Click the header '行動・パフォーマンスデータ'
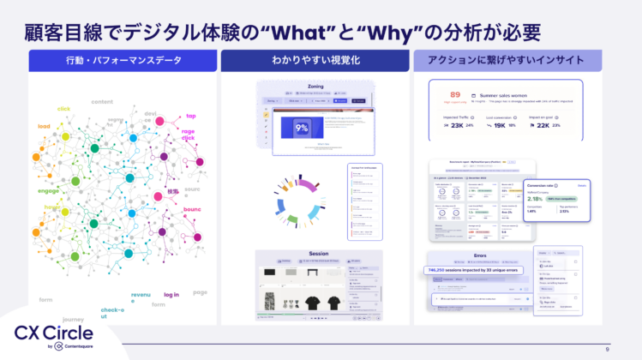(121, 62)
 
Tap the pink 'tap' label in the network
(191, 117)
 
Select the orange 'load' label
(44, 126)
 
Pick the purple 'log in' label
(171, 295)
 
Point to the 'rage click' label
(188, 135)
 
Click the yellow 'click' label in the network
(64, 109)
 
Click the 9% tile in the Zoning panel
(301, 128)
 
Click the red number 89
(455, 94)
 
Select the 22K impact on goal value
(543, 125)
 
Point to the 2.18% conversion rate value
(542, 198)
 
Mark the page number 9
(607, 349)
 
